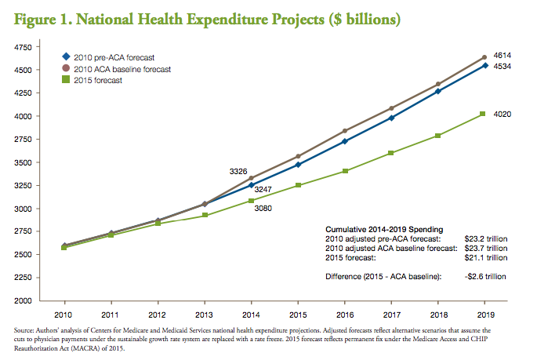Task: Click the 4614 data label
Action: [x=503, y=55]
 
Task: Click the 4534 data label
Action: [x=503, y=67]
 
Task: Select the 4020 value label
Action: [x=503, y=115]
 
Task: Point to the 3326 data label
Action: [x=239, y=171]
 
